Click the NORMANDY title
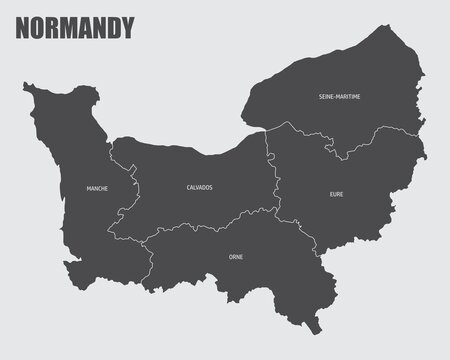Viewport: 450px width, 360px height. click(75, 28)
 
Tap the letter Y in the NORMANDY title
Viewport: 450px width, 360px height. click(126, 28)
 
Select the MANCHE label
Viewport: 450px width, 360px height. click(97, 188)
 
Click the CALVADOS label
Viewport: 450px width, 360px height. click(199, 188)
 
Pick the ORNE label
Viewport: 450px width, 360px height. click(235, 257)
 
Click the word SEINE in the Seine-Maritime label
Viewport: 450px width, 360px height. click(327, 96)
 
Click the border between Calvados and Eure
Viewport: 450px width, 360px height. click(270, 170)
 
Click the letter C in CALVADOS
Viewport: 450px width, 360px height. click(188, 188)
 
